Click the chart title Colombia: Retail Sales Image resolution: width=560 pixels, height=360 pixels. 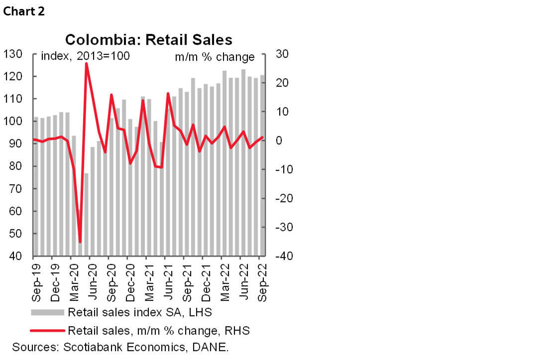(149, 40)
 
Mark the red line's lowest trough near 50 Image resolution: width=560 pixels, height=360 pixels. (80, 242)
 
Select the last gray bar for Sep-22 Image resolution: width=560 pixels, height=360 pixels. (262, 164)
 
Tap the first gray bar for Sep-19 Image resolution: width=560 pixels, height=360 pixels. (35, 187)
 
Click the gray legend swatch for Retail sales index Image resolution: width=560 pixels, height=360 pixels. (47, 313)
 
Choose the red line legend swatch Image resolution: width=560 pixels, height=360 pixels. (47, 330)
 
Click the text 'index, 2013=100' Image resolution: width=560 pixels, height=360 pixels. (85, 56)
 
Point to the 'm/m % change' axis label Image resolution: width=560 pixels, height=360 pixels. (215, 57)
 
